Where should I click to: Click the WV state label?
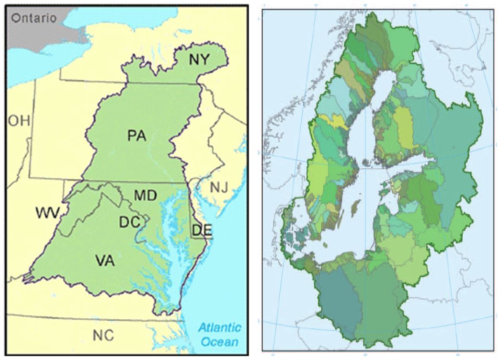47,211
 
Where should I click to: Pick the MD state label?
144,196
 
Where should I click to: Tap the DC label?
129,221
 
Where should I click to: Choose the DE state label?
202,230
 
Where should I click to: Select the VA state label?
105,260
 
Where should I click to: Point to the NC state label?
104,334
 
